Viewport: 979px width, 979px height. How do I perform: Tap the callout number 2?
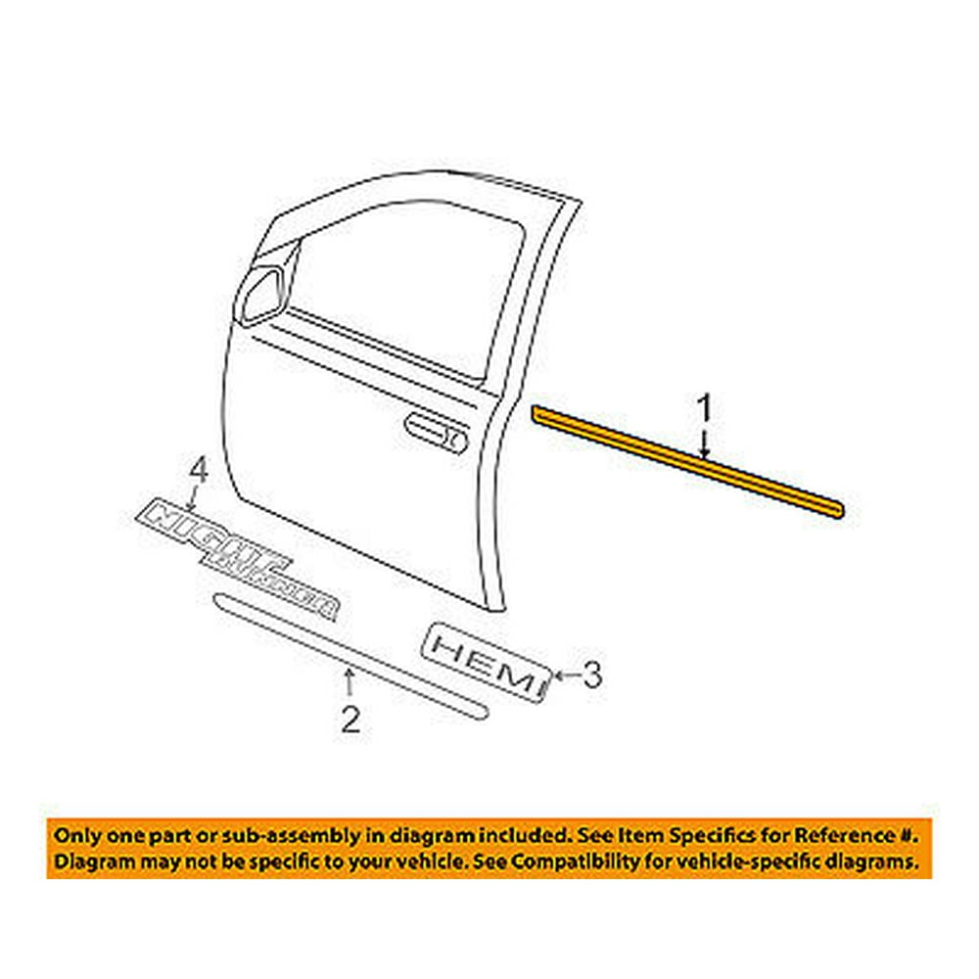click(x=350, y=721)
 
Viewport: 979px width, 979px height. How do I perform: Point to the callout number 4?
click(x=199, y=472)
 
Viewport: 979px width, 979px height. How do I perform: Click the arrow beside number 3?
click(x=565, y=674)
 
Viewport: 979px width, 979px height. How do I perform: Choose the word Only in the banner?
click(x=76, y=837)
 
